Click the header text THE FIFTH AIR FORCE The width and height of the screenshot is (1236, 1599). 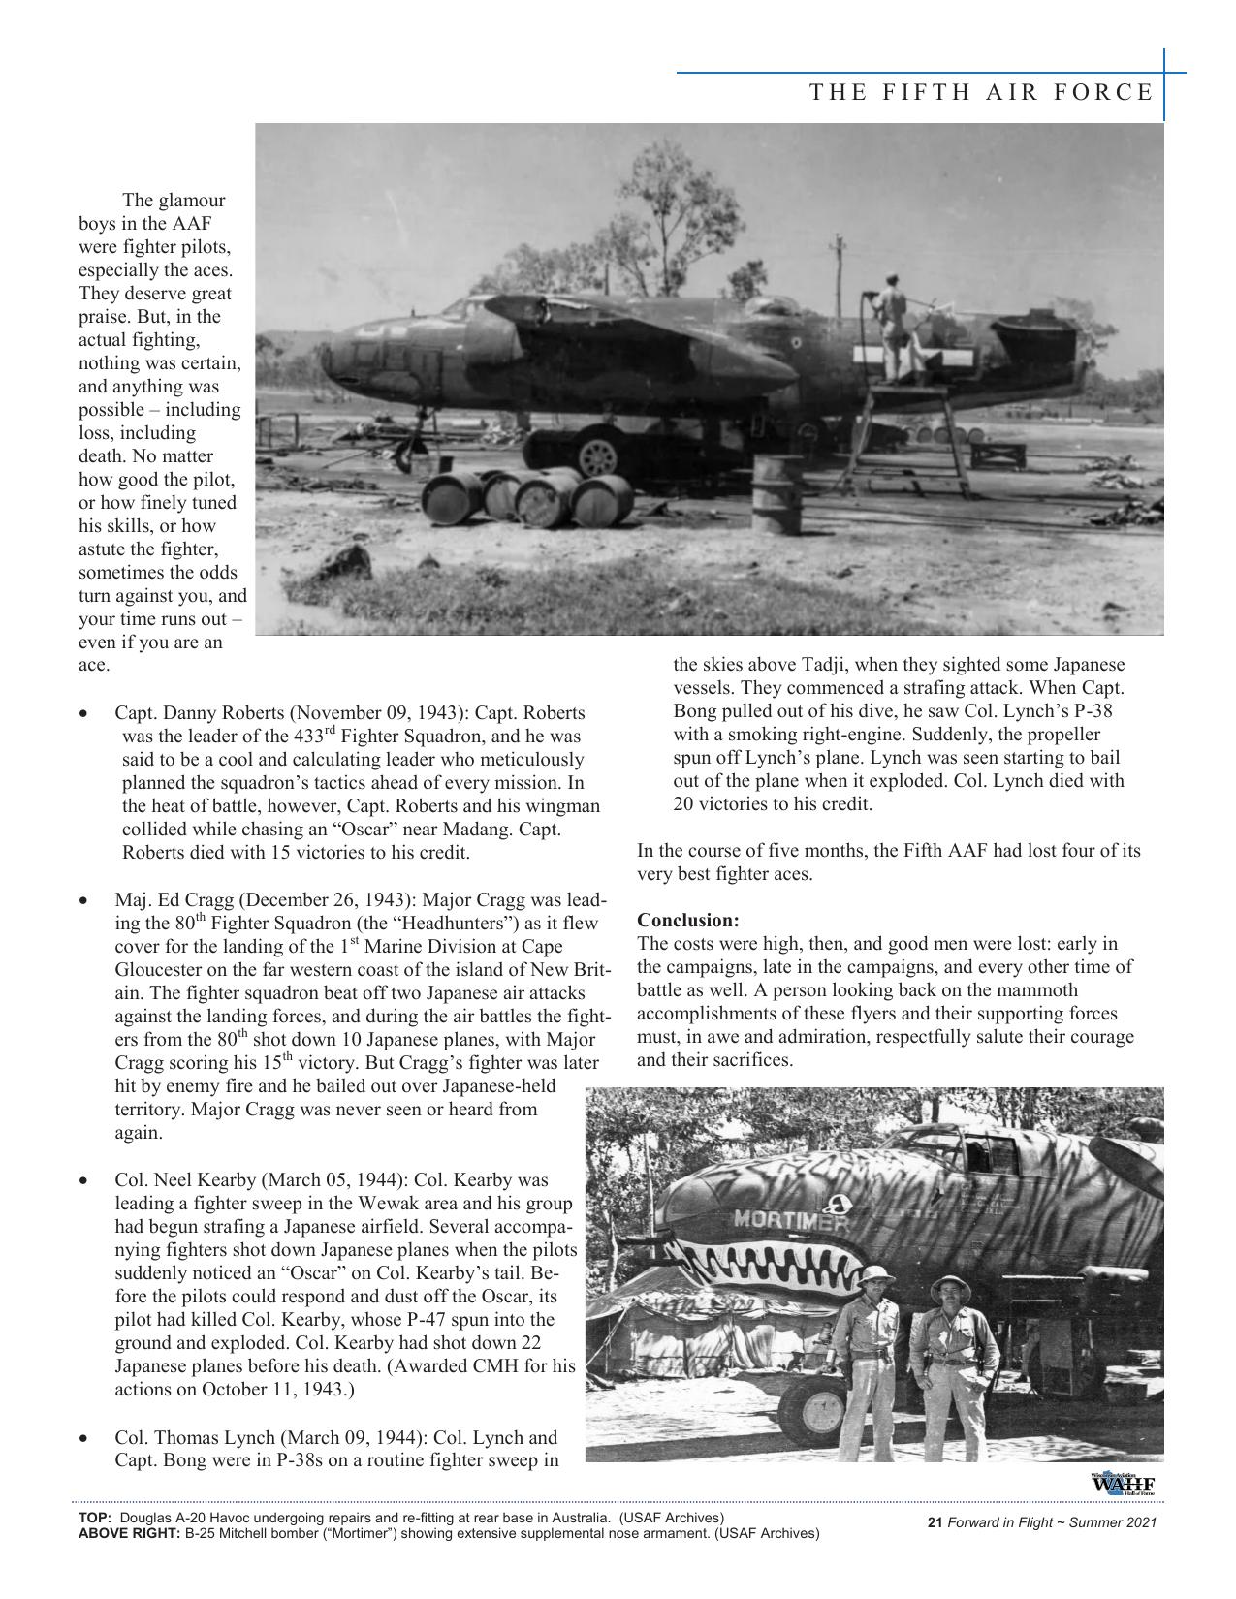click(981, 93)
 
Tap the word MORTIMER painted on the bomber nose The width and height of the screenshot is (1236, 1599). click(790, 1220)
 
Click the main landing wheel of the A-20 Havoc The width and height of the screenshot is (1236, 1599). click(597, 455)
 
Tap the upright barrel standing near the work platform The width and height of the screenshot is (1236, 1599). click(777, 494)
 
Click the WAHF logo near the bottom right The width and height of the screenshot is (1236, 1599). click(1122, 1485)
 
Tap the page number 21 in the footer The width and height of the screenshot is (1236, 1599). click(935, 1523)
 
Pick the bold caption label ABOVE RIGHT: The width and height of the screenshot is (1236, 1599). click(128, 1533)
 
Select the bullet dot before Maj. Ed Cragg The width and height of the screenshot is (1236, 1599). click(86, 901)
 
